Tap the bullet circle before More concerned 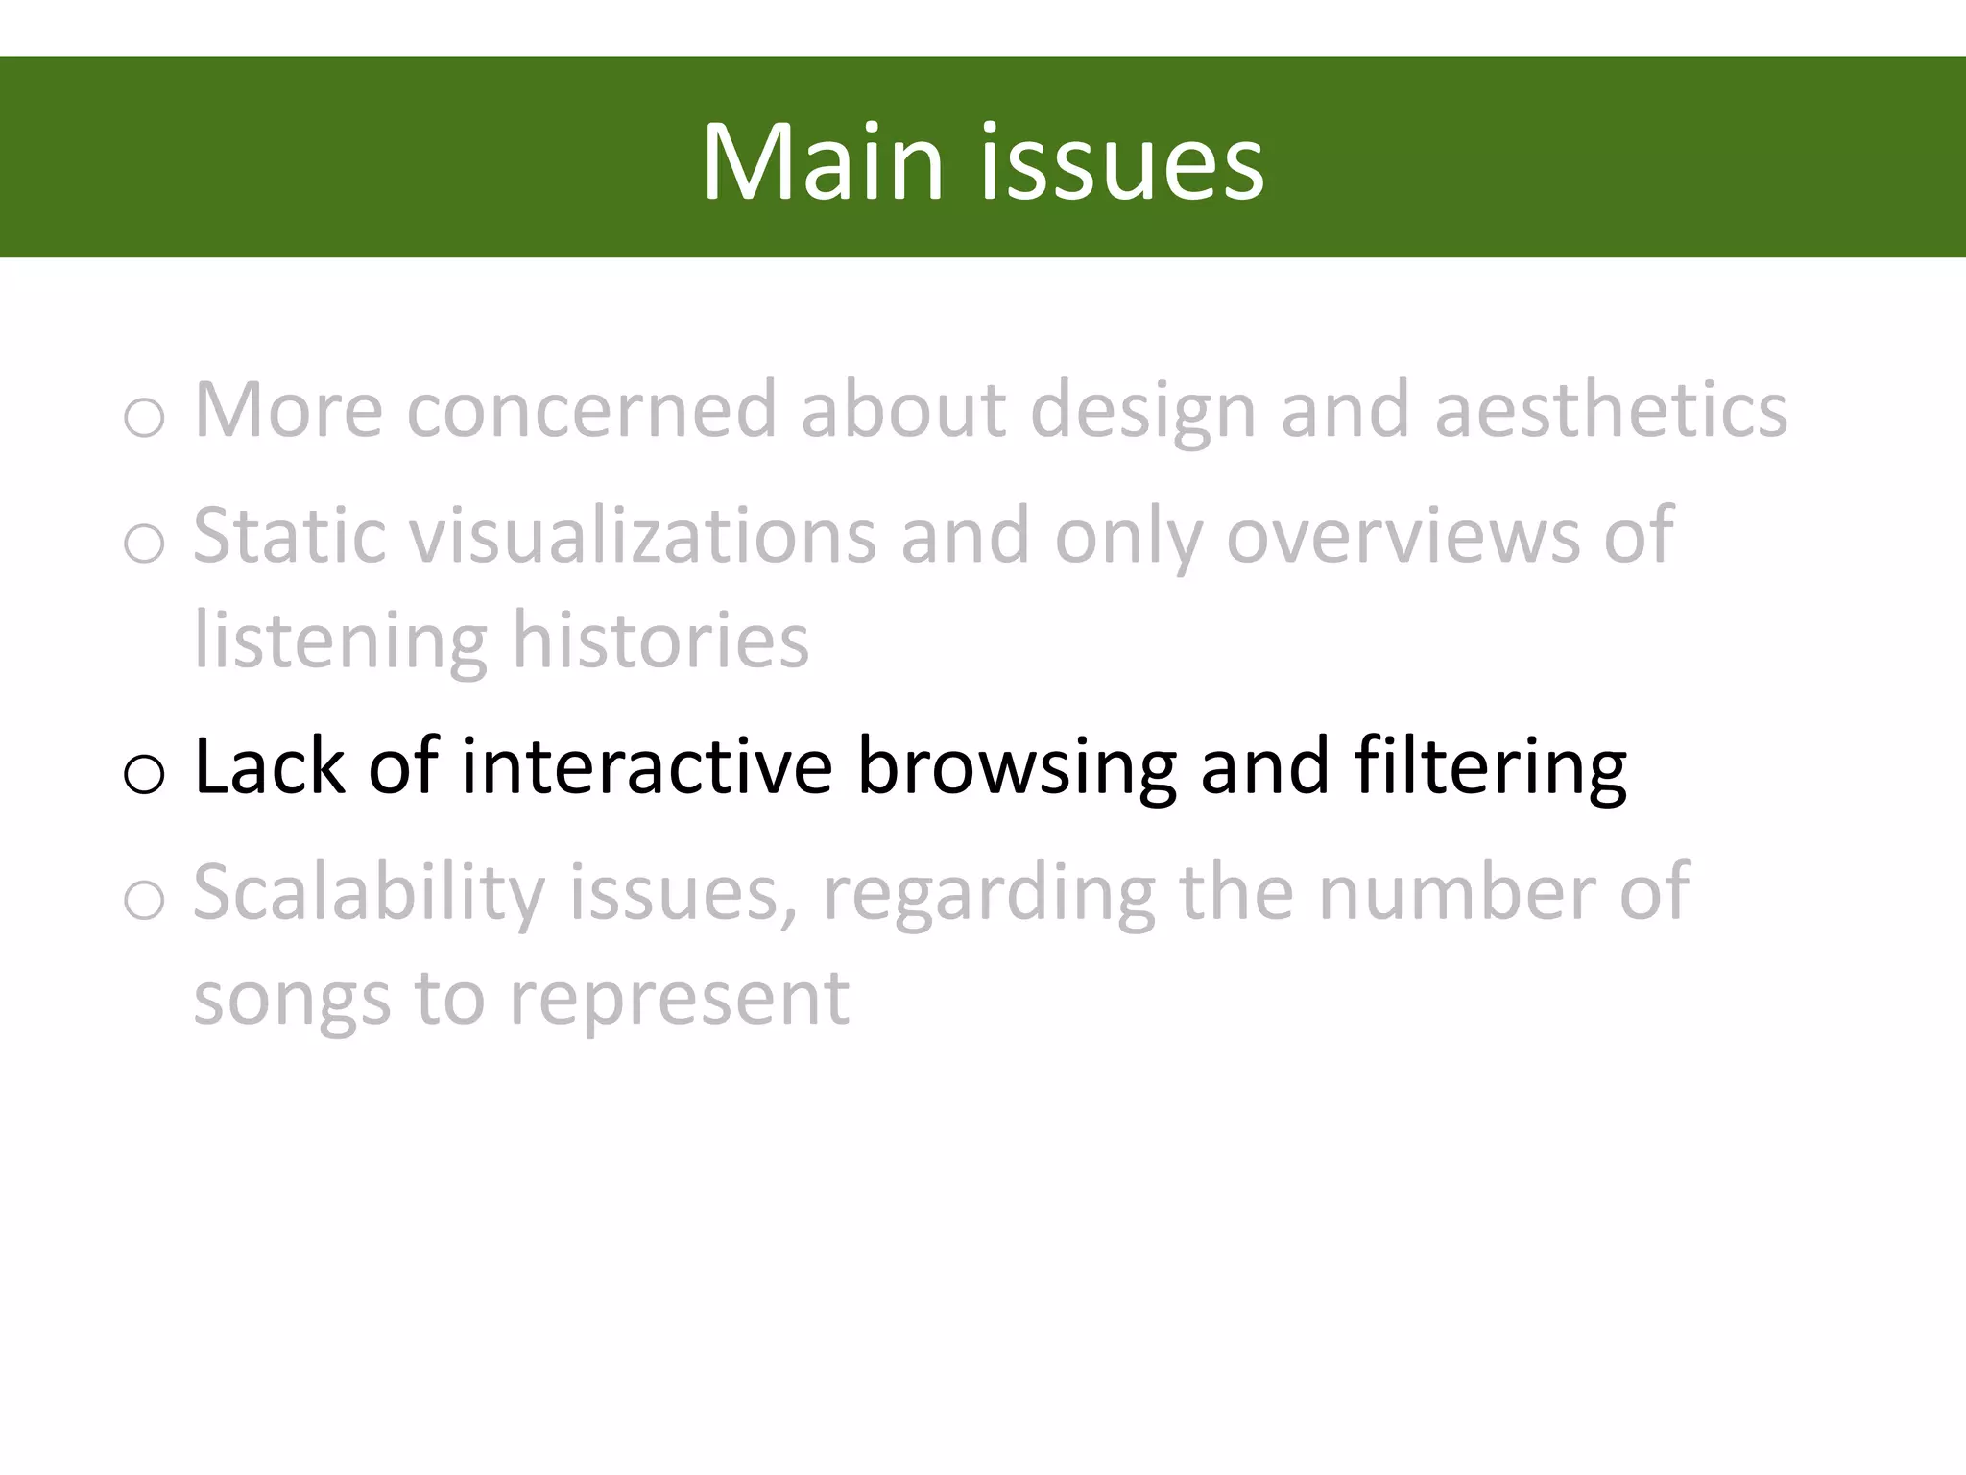click(144, 418)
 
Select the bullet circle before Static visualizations click(144, 543)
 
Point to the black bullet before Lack click(144, 773)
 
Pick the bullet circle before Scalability click(144, 900)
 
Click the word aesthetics click(1611, 410)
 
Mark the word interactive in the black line click(646, 766)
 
